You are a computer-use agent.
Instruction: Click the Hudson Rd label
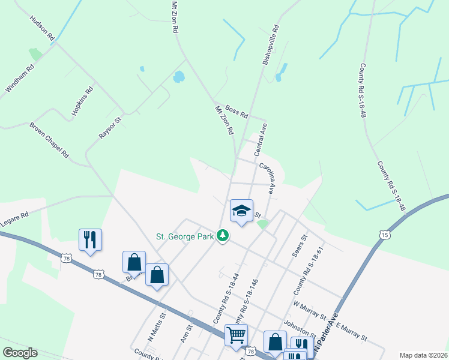43,28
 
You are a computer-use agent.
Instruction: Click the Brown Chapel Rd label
49,140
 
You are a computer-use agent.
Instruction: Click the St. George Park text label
184,236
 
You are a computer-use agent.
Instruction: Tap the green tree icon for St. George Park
223,235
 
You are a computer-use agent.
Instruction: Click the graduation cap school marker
241,211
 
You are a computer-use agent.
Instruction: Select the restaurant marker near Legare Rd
90,239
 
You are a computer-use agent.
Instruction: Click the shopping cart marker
236,334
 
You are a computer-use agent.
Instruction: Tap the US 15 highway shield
384,235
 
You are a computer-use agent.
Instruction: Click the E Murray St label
351,331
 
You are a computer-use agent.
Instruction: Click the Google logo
20,353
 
